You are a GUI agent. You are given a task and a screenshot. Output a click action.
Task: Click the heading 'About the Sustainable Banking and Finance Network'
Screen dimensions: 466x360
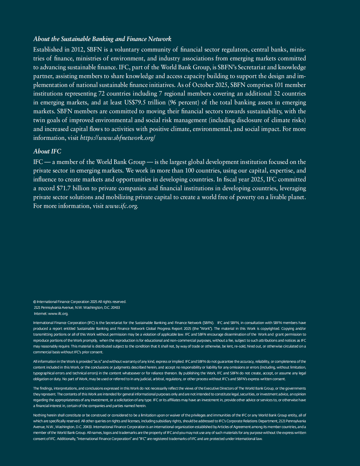(102, 39)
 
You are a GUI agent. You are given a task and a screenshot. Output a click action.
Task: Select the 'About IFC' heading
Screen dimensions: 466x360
(47, 151)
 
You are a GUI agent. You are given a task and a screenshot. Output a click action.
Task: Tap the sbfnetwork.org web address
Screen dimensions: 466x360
(117, 138)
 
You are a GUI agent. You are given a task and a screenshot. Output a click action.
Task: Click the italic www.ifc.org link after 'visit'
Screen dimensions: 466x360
(121, 206)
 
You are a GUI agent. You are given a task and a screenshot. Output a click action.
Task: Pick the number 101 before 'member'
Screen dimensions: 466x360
(279, 85)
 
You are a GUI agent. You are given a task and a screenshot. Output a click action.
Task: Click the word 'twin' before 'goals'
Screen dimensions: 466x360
(39, 120)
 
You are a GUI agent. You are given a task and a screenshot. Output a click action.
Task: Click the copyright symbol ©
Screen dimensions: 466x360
(35, 302)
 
